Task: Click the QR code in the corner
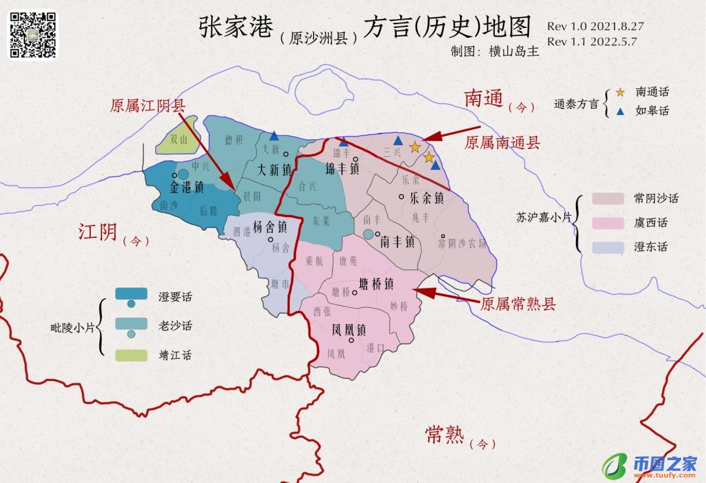pyautogui.click(x=33, y=35)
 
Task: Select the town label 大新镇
pyautogui.click(x=273, y=170)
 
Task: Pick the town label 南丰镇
pyautogui.click(x=397, y=242)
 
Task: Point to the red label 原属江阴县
pyautogui.click(x=148, y=106)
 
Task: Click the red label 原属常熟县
pyautogui.click(x=518, y=304)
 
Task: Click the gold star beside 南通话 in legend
pyautogui.click(x=620, y=93)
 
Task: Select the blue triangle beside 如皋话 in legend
pyautogui.click(x=620, y=110)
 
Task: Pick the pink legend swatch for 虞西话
pyautogui.click(x=608, y=223)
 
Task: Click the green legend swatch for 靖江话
pyautogui.click(x=131, y=356)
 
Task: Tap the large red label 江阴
pyautogui.click(x=97, y=232)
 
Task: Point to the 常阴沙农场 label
pyautogui.click(x=463, y=244)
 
